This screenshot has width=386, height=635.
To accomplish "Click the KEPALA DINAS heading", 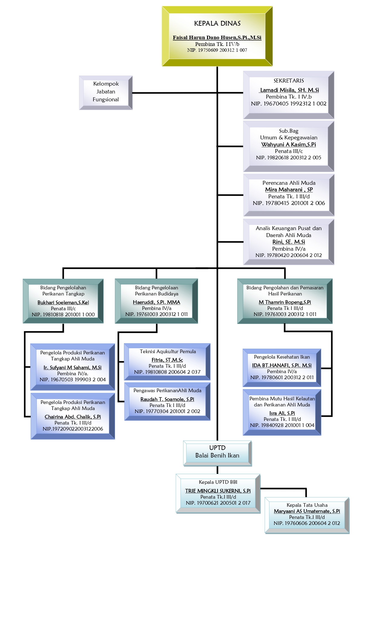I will click(217, 24).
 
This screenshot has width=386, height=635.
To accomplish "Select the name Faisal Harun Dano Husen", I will click(217, 37).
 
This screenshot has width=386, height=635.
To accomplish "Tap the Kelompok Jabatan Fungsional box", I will click(106, 92).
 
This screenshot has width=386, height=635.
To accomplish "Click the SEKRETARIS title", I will click(289, 81).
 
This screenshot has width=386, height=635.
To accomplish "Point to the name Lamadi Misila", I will click(289, 90).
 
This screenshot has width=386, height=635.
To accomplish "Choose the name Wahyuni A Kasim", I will click(289, 145).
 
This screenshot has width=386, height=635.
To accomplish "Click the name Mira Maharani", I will click(289, 190).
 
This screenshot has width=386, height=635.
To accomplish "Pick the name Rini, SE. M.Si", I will click(289, 242).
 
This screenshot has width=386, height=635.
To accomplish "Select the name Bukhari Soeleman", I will click(63, 302).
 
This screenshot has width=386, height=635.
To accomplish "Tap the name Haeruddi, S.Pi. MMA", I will click(156, 302).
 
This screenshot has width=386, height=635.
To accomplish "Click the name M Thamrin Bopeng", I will click(285, 302).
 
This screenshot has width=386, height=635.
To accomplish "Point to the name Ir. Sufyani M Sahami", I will click(72, 367).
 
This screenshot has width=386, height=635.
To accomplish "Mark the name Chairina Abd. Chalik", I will click(73, 417).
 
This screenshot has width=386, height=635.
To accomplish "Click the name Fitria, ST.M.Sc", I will click(167, 360).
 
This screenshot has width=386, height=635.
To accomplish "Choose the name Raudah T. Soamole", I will click(167, 399).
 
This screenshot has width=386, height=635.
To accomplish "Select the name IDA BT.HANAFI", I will click(282, 365).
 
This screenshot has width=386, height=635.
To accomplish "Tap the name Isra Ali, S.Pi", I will click(282, 413).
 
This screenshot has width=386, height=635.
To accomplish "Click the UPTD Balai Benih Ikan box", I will click(217, 452).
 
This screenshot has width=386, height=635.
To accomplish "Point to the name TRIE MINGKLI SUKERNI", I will click(218, 491).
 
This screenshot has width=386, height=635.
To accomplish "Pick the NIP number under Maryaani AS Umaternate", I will click(307, 523).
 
